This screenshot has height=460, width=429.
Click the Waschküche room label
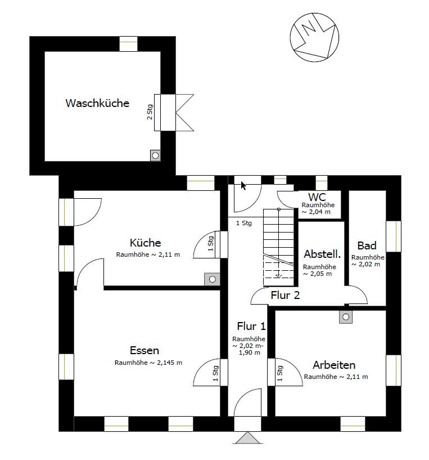(97, 103)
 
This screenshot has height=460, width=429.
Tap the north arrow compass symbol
(314, 38)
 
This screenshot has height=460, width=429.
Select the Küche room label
(146, 243)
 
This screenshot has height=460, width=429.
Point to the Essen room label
(144, 350)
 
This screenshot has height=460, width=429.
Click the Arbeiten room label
(334, 365)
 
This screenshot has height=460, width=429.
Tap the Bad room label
(367, 245)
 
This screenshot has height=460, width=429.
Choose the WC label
(317, 197)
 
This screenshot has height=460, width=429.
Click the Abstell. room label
(322, 254)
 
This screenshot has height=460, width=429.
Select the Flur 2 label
(285, 295)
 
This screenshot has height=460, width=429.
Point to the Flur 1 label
(251, 326)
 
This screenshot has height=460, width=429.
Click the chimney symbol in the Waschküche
(155, 155)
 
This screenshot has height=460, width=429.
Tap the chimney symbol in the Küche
(212, 279)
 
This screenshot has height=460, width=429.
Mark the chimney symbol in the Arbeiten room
(346, 317)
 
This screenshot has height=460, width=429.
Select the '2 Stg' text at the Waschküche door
(150, 112)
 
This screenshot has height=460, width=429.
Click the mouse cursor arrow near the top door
(243, 186)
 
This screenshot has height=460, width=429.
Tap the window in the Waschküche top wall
(128, 44)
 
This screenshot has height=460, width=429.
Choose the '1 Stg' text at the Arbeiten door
(280, 373)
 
